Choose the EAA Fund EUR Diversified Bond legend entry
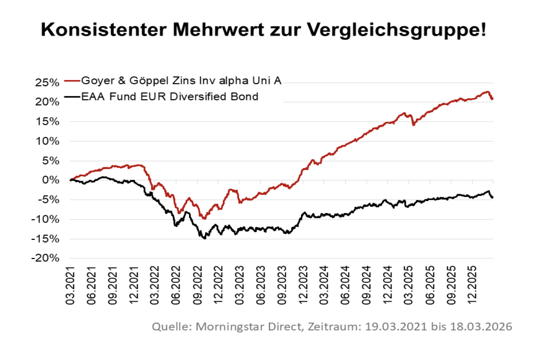(169, 97)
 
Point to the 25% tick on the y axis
(47, 82)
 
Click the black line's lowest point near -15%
(205, 238)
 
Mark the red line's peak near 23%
(487, 91)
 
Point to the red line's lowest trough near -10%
(204, 218)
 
